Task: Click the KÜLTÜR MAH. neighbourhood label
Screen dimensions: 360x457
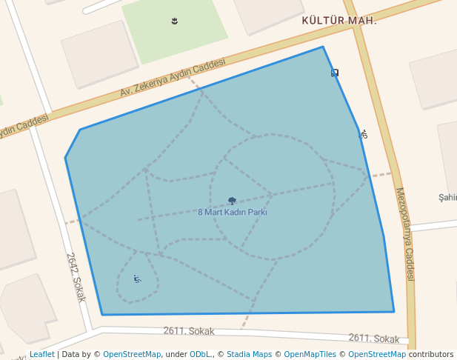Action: click(339, 20)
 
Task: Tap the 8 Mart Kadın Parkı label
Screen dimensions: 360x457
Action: click(232, 212)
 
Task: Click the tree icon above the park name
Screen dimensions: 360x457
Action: click(232, 201)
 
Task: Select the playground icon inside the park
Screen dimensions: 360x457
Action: click(137, 279)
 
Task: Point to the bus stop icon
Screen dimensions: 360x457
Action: click(335, 73)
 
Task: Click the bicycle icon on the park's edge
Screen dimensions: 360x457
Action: click(363, 134)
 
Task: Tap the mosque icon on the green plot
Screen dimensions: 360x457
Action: click(175, 21)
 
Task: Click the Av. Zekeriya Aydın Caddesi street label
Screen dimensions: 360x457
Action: click(173, 78)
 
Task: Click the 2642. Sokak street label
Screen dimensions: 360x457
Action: click(76, 277)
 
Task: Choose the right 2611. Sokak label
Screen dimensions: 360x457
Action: click(373, 338)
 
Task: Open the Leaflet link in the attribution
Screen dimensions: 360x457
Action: click(42, 355)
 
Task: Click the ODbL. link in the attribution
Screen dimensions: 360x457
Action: click(200, 355)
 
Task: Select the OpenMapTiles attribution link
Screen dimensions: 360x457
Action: click(310, 355)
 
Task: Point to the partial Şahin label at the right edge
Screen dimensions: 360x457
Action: click(448, 197)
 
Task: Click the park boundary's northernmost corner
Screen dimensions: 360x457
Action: click(323, 47)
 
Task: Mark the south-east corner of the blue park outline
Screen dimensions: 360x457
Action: click(394, 312)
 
